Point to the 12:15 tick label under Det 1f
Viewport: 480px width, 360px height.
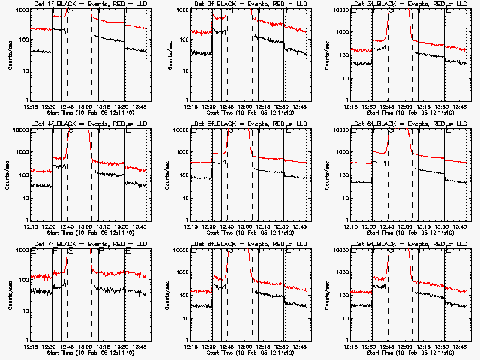tap(31, 106)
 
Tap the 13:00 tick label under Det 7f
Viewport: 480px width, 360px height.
tap(86, 346)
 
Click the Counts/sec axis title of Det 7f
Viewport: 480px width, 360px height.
tap(7, 294)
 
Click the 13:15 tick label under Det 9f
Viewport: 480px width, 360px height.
tap(426, 346)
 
